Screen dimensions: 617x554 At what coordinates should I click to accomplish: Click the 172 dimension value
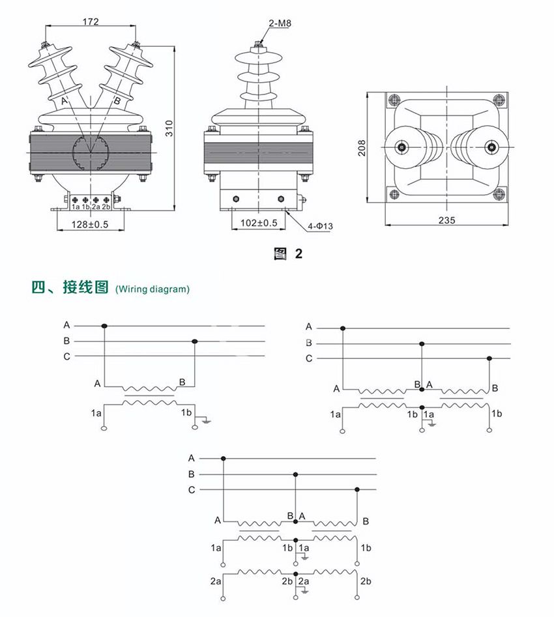point(91,22)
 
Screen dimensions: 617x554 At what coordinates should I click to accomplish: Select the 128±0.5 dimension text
point(91,223)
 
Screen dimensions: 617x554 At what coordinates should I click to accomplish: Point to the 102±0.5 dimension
point(259,223)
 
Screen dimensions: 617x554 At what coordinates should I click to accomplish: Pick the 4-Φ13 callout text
point(321,226)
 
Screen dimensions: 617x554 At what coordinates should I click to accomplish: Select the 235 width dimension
point(446,220)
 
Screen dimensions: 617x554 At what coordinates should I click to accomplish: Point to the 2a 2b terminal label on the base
point(101,207)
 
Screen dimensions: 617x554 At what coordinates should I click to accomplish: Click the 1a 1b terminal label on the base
point(81,207)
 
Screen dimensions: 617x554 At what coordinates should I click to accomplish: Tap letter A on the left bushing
point(64,101)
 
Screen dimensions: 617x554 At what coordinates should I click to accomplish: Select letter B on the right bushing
point(117,101)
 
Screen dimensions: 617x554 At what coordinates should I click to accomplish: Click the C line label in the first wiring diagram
point(66,356)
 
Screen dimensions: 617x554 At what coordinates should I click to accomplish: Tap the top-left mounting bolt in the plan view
point(394,100)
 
